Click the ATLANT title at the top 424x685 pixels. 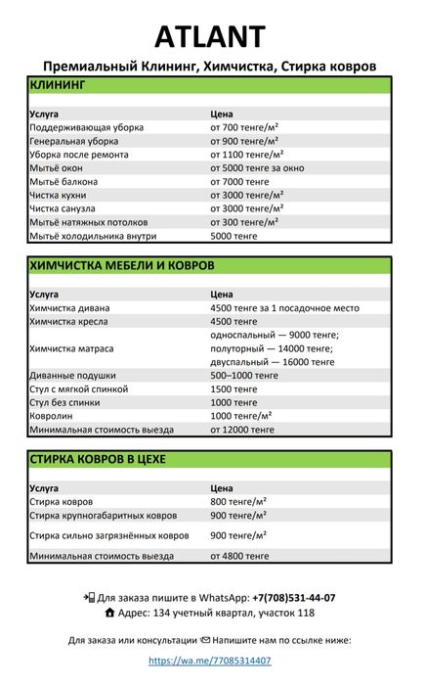[210, 36]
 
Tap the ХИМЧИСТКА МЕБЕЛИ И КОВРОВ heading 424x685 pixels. [122, 265]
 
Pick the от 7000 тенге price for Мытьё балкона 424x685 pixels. [239, 182]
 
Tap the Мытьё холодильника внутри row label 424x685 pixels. [94, 236]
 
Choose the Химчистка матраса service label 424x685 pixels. [71, 348]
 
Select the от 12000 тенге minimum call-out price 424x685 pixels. [242, 430]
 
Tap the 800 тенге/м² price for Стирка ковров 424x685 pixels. [238, 502]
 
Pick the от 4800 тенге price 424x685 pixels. [239, 556]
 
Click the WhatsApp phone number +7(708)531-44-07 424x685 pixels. [293, 597]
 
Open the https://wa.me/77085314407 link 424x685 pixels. [210, 661]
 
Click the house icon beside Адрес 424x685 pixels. [109, 613]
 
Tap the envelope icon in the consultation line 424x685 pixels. [205, 640]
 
